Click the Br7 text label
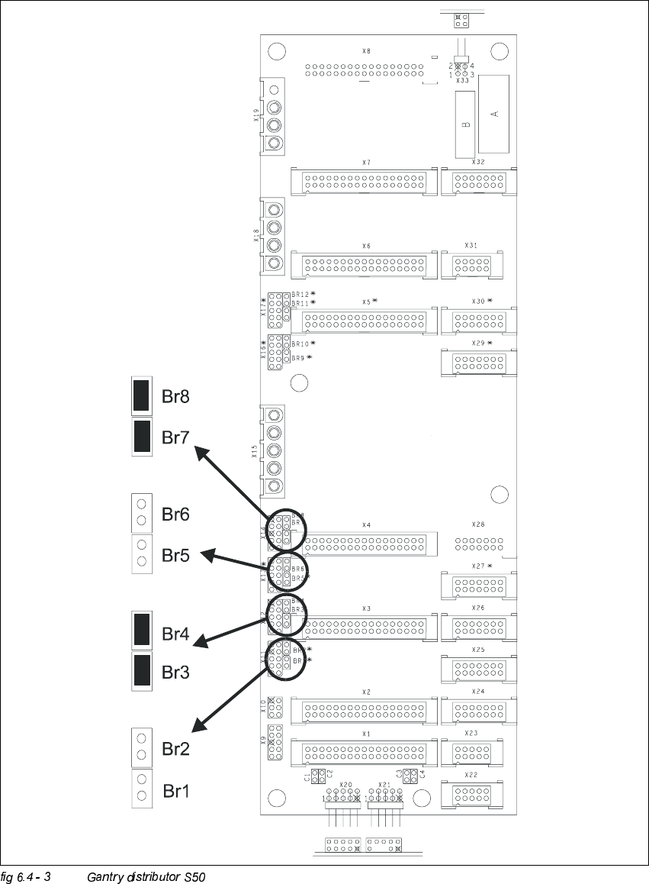(175, 437)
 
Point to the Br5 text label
(175, 555)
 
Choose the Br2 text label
(175, 749)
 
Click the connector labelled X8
(365, 70)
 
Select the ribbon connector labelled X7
(365, 182)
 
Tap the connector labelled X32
(478, 182)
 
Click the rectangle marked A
(494, 114)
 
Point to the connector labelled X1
(365, 753)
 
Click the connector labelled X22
(471, 795)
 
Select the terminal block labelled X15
(273, 451)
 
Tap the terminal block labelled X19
(273, 116)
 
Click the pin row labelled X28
(479, 544)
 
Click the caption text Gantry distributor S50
(146, 876)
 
